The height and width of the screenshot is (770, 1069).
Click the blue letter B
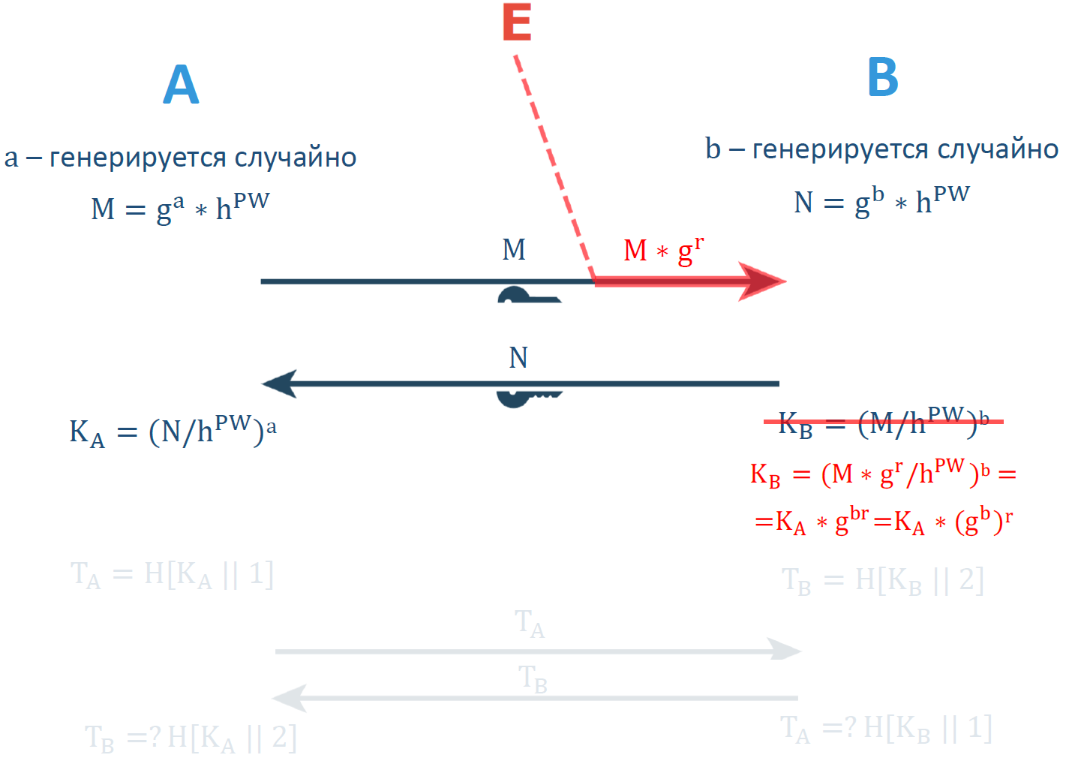(883, 77)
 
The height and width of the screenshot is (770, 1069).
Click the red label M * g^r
(663, 250)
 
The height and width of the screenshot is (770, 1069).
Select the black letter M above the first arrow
(514, 249)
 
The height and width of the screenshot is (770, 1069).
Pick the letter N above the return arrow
(518, 358)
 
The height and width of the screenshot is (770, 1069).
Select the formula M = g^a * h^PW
(180, 207)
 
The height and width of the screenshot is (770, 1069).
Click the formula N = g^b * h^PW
(881, 200)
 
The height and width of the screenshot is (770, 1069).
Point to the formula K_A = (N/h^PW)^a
(173, 432)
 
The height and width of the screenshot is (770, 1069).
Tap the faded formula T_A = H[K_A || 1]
(172, 575)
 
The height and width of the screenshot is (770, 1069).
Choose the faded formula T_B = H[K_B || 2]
(882, 581)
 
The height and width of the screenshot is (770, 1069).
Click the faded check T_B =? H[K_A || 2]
(191, 738)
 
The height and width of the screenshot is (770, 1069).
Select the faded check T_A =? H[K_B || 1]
(886, 729)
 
